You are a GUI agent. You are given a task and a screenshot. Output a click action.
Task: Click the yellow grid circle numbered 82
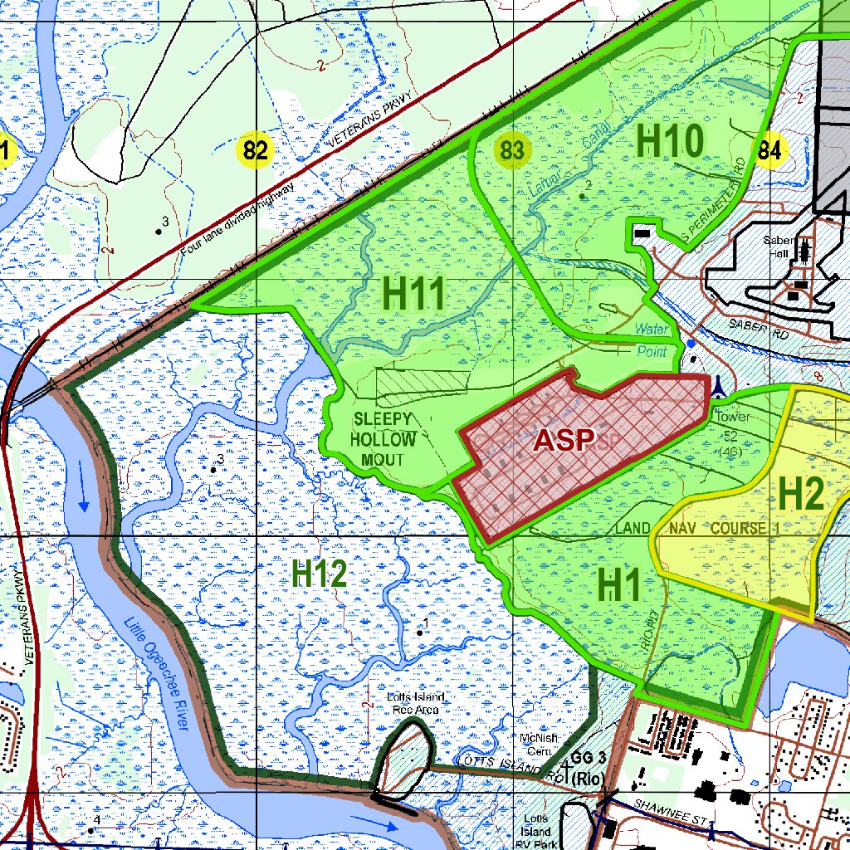coord(256,151)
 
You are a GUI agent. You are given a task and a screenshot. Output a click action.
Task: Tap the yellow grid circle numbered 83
coord(513,151)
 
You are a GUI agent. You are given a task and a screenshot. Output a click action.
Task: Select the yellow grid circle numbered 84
coord(769,150)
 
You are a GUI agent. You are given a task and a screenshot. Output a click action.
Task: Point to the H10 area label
coord(671,142)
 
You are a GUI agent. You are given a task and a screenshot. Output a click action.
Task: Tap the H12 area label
coord(320,574)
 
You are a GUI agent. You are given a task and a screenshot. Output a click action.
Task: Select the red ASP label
coord(564,440)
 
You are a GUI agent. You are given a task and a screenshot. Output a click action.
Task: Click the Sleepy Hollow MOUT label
coord(382,439)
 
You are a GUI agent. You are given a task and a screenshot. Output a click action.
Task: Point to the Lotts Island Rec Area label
coord(415,703)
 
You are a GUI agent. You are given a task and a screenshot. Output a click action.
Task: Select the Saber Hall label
coord(781,247)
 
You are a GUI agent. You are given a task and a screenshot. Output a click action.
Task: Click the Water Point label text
coord(652,340)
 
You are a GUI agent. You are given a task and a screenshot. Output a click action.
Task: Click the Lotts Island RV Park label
coord(536,831)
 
